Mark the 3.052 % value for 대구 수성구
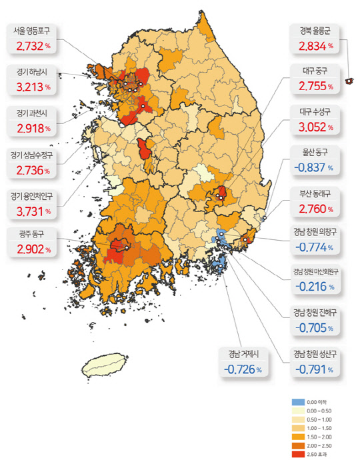(315, 127)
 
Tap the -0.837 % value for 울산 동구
(315, 168)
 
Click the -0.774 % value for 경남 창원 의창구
(315, 247)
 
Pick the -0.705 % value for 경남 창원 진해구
(315, 327)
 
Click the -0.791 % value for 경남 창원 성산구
(315, 369)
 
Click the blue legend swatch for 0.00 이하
(298, 403)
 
